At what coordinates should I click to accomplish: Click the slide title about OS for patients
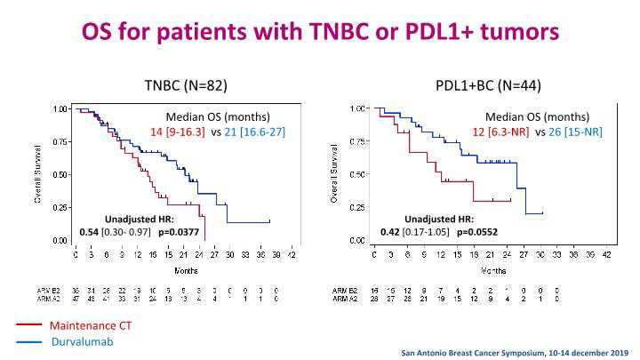click(320, 31)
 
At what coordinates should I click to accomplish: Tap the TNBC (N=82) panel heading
click(187, 85)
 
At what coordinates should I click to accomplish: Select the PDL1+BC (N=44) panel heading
click(488, 85)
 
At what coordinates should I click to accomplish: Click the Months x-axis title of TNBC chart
click(186, 269)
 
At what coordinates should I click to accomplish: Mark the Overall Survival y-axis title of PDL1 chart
click(333, 174)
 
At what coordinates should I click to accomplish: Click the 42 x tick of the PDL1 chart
click(607, 254)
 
